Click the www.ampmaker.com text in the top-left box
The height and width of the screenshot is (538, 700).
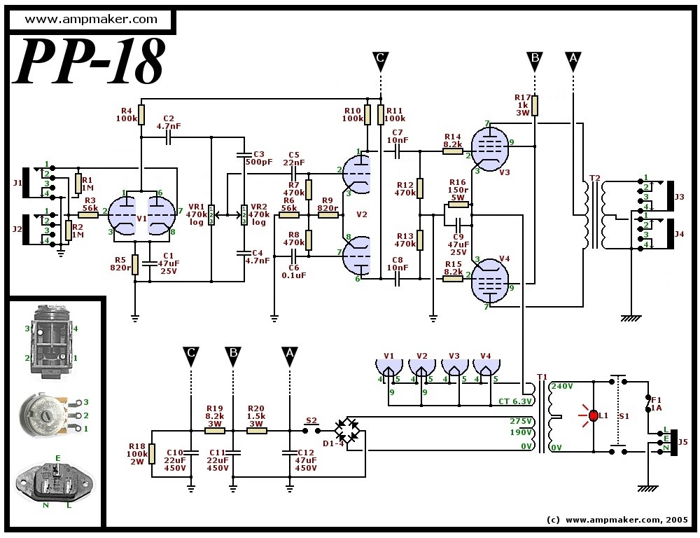(91, 19)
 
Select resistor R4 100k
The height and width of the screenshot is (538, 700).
(141, 114)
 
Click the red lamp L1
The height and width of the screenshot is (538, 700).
(594, 415)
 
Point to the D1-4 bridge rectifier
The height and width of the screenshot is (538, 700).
(349, 430)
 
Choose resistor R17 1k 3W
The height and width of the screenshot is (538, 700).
(535, 106)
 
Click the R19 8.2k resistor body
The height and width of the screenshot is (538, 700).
(215, 431)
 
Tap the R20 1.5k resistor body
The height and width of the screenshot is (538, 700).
(257, 431)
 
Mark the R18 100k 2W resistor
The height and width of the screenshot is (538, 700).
(152, 453)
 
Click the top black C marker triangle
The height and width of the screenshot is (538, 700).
(380, 61)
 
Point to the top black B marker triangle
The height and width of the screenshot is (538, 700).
(534, 61)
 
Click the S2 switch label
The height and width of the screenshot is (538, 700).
(311, 420)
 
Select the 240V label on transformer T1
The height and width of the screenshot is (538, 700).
(563, 386)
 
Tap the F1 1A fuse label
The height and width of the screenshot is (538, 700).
(657, 403)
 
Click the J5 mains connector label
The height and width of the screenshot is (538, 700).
(682, 442)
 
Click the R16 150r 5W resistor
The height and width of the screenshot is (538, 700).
(458, 205)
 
